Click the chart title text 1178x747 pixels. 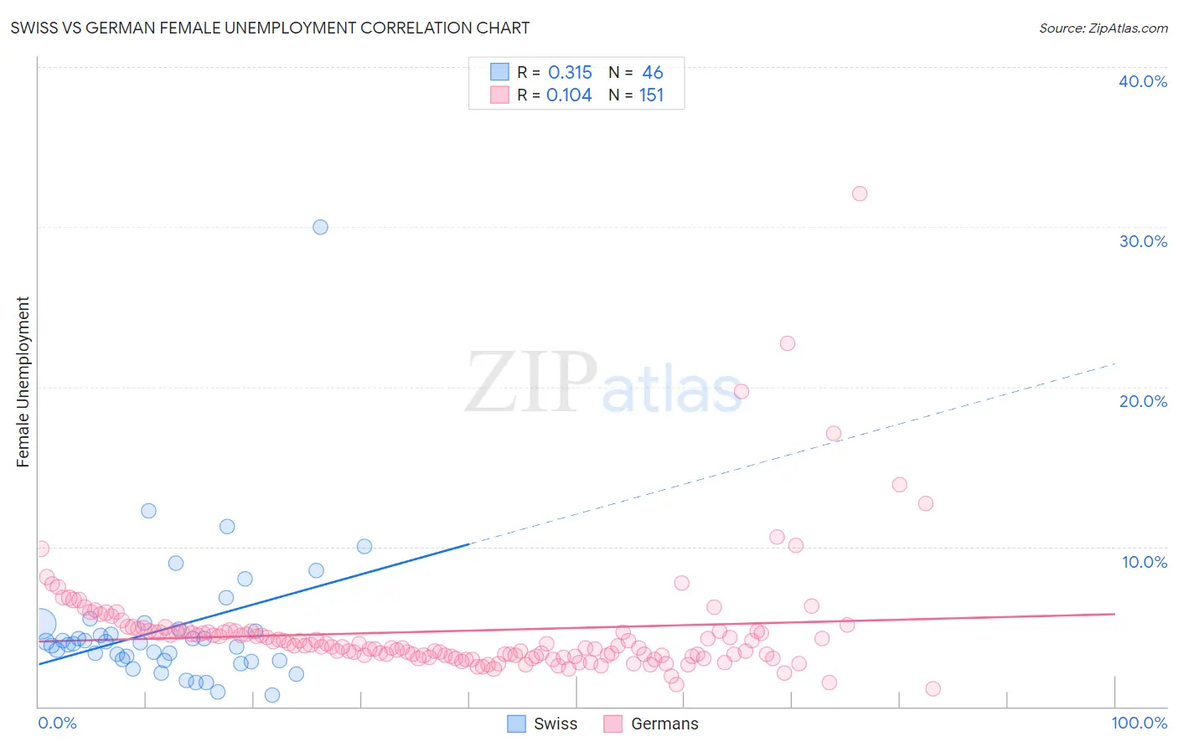270,28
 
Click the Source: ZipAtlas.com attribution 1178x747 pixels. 1103,28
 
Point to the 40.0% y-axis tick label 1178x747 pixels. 1143,81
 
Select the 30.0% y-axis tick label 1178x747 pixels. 1143,241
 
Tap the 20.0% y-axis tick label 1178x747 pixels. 1143,401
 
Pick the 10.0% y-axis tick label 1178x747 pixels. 1144,562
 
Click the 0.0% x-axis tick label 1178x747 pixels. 57,723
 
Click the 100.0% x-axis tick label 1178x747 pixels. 1139,723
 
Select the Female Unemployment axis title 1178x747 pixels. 23,382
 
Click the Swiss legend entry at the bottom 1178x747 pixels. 543,724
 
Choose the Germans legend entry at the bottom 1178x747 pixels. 651,724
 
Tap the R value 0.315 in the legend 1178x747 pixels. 570,73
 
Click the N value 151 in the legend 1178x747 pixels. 651,95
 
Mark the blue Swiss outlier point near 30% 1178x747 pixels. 320,227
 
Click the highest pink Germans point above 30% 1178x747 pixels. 860,193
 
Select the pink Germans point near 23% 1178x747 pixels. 788,343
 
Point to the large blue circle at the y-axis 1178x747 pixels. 41,623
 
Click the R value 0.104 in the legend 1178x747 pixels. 569,95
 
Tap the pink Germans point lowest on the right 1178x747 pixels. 933,688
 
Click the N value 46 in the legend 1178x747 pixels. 653,73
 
